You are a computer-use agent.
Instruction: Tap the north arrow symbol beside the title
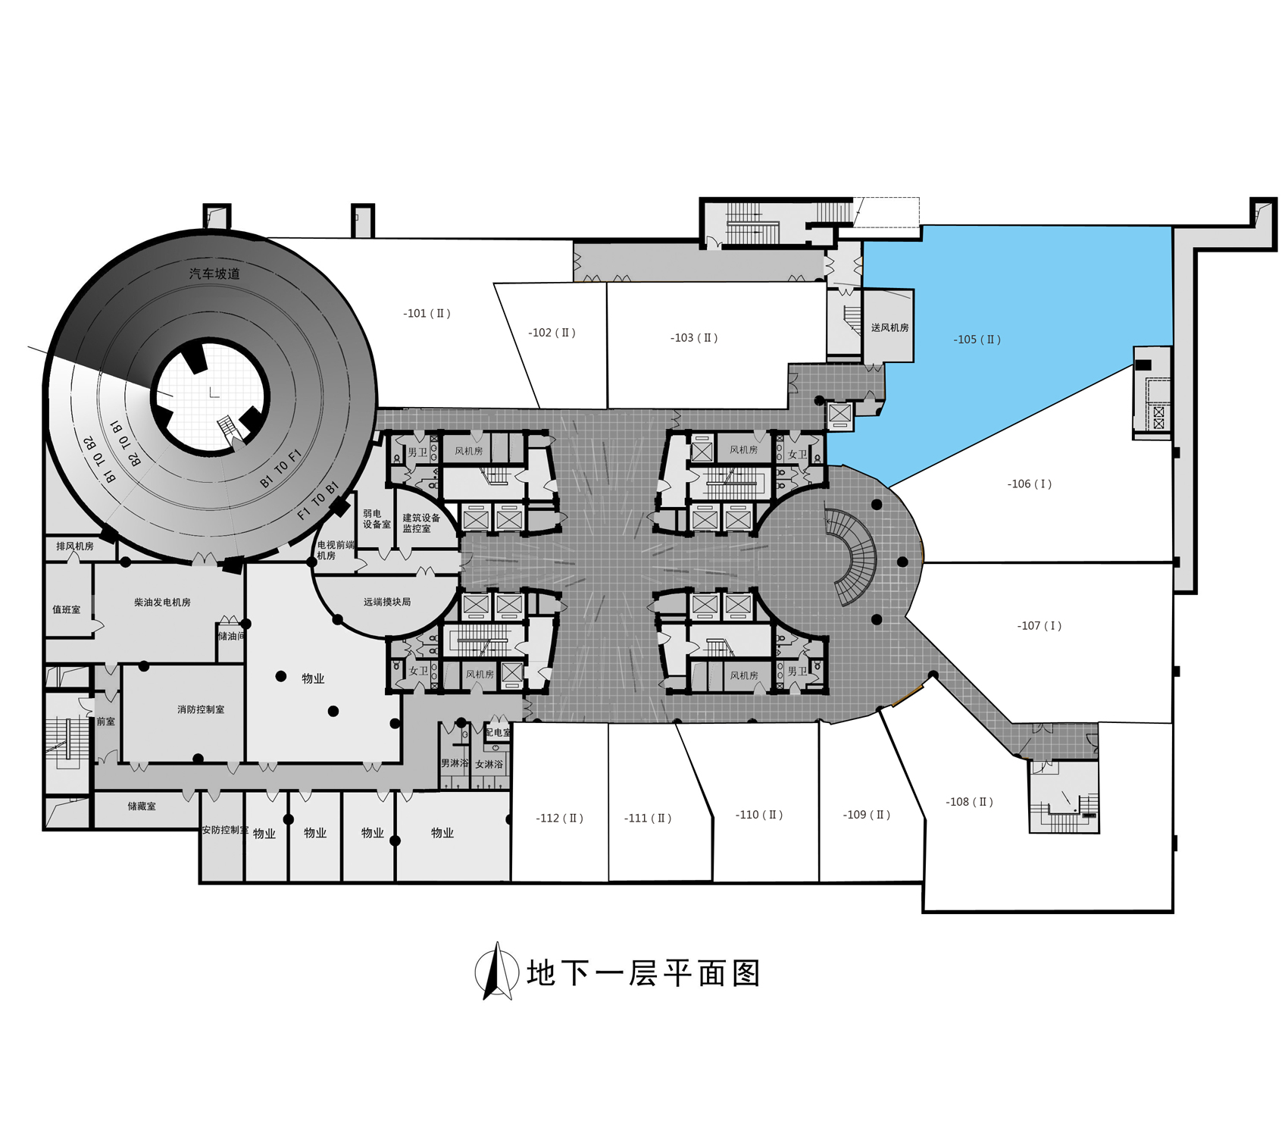tap(496, 971)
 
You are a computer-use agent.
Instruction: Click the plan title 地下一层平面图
tap(643, 973)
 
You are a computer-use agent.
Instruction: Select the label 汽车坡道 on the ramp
tap(214, 274)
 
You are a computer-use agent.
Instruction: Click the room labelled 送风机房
tap(889, 327)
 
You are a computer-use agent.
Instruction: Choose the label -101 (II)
tap(427, 313)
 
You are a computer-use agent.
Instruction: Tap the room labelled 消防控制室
tap(201, 709)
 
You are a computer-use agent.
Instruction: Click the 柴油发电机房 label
tap(162, 603)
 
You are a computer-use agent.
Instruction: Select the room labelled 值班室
tap(66, 609)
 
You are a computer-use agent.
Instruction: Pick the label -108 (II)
tap(969, 802)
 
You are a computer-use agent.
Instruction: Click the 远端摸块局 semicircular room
tap(386, 602)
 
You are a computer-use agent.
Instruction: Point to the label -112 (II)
tap(559, 819)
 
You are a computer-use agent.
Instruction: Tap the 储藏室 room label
tap(142, 806)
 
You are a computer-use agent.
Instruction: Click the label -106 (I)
tap(1029, 484)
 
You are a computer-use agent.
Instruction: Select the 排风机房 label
tap(75, 546)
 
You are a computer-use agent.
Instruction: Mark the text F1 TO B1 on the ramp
tap(317, 501)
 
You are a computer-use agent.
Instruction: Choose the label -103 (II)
tap(693, 338)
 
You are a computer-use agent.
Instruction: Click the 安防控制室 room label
tap(224, 830)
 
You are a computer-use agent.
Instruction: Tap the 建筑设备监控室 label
tap(420, 523)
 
